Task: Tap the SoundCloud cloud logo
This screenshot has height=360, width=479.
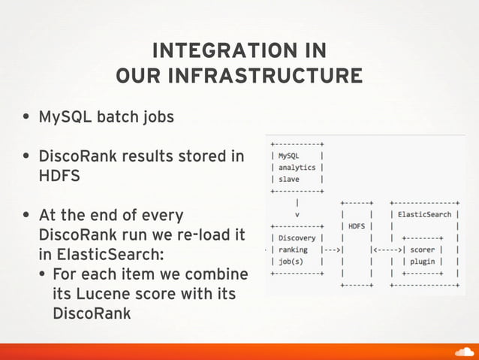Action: point(465,351)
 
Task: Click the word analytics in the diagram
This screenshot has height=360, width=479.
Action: point(297,168)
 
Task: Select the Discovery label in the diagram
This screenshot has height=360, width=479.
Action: point(297,237)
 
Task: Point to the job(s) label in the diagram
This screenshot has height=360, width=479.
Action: point(292,261)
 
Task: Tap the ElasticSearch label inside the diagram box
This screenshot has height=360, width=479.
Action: point(424,214)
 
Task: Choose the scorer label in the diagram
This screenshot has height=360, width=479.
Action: point(425,250)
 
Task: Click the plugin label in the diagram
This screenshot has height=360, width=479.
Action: point(426,261)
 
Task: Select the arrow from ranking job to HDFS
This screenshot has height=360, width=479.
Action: point(331,250)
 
